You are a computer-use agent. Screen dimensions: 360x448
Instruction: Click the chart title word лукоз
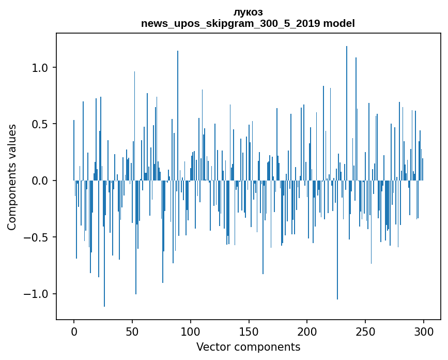click(x=248, y=12)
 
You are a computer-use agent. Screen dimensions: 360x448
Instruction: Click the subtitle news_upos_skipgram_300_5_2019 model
click(x=248, y=24)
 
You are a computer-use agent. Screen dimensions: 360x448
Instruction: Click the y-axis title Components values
click(x=12, y=177)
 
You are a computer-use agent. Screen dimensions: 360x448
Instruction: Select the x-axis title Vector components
click(x=248, y=347)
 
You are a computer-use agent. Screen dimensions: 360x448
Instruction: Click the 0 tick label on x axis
click(x=74, y=331)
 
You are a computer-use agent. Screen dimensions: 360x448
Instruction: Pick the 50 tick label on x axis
click(x=132, y=331)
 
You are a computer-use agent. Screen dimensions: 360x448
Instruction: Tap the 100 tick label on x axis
click(x=191, y=331)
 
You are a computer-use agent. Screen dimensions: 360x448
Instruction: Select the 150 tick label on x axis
click(x=249, y=331)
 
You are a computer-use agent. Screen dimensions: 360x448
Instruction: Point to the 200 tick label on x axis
click(x=307, y=331)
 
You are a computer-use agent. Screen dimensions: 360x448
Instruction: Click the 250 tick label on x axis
click(x=365, y=331)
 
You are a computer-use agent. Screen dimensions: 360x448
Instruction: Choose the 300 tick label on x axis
click(x=424, y=331)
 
